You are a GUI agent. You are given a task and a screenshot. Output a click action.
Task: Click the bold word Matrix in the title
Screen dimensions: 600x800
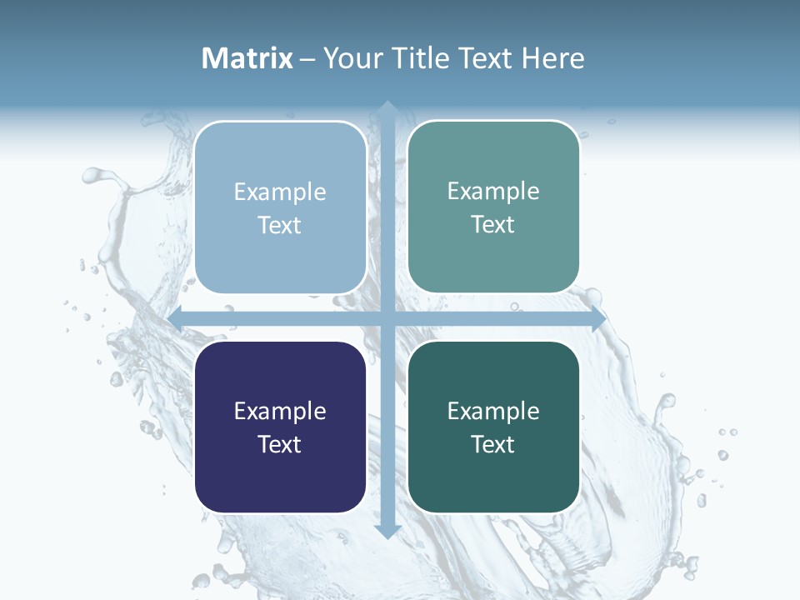click(247, 58)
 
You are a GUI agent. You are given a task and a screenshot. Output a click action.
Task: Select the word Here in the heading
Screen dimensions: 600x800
click(552, 58)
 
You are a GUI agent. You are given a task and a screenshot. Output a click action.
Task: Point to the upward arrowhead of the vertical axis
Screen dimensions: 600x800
click(387, 107)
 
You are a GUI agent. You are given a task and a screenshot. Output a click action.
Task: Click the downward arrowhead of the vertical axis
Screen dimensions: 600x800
click(387, 531)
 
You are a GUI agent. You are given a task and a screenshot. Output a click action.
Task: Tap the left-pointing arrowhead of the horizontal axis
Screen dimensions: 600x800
click(175, 318)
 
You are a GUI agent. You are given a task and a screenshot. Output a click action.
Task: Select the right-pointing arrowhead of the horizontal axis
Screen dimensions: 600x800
click(598, 318)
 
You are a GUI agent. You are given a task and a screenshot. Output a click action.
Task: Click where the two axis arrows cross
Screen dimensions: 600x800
click(387, 318)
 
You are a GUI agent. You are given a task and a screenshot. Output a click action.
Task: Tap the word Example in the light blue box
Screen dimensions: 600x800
click(280, 192)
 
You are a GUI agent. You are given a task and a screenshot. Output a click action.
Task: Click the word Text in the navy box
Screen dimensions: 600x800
click(280, 444)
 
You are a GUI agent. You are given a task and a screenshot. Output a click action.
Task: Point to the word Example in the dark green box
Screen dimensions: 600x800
click(493, 411)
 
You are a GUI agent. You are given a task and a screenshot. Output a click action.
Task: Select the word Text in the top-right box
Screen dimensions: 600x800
click(493, 224)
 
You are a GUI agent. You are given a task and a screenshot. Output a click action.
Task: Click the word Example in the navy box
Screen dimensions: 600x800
click(280, 411)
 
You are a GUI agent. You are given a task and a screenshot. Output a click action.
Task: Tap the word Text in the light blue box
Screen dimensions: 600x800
click(280, 225)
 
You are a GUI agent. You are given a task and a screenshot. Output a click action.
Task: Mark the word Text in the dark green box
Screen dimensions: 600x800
click(493, 444)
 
